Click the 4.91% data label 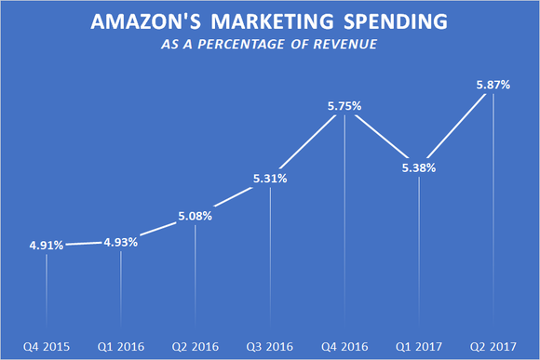tap(46, 246)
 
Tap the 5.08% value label tap(196, 216)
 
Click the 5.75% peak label tap(344, 107)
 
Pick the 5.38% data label tap(419, 168)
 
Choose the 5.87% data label tap(493, 84)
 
